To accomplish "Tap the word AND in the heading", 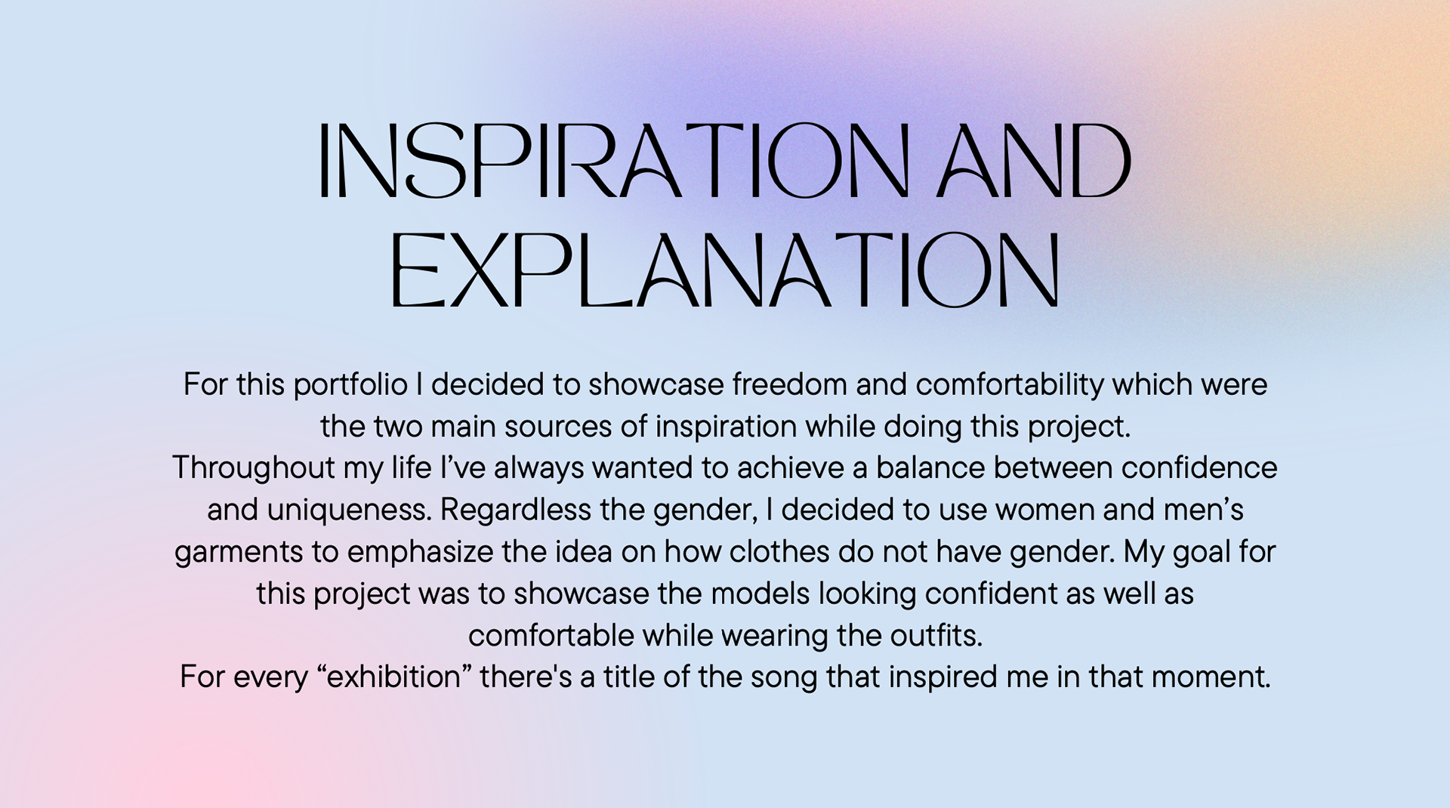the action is click(1034, 160).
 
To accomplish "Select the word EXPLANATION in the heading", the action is click(724, 270).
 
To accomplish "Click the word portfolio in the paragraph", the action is click(350, 385).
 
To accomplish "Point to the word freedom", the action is click(790, 384).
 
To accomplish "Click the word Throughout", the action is click(253, 468).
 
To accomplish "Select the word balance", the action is click(930, 467).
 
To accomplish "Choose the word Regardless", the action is click(516, 510).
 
